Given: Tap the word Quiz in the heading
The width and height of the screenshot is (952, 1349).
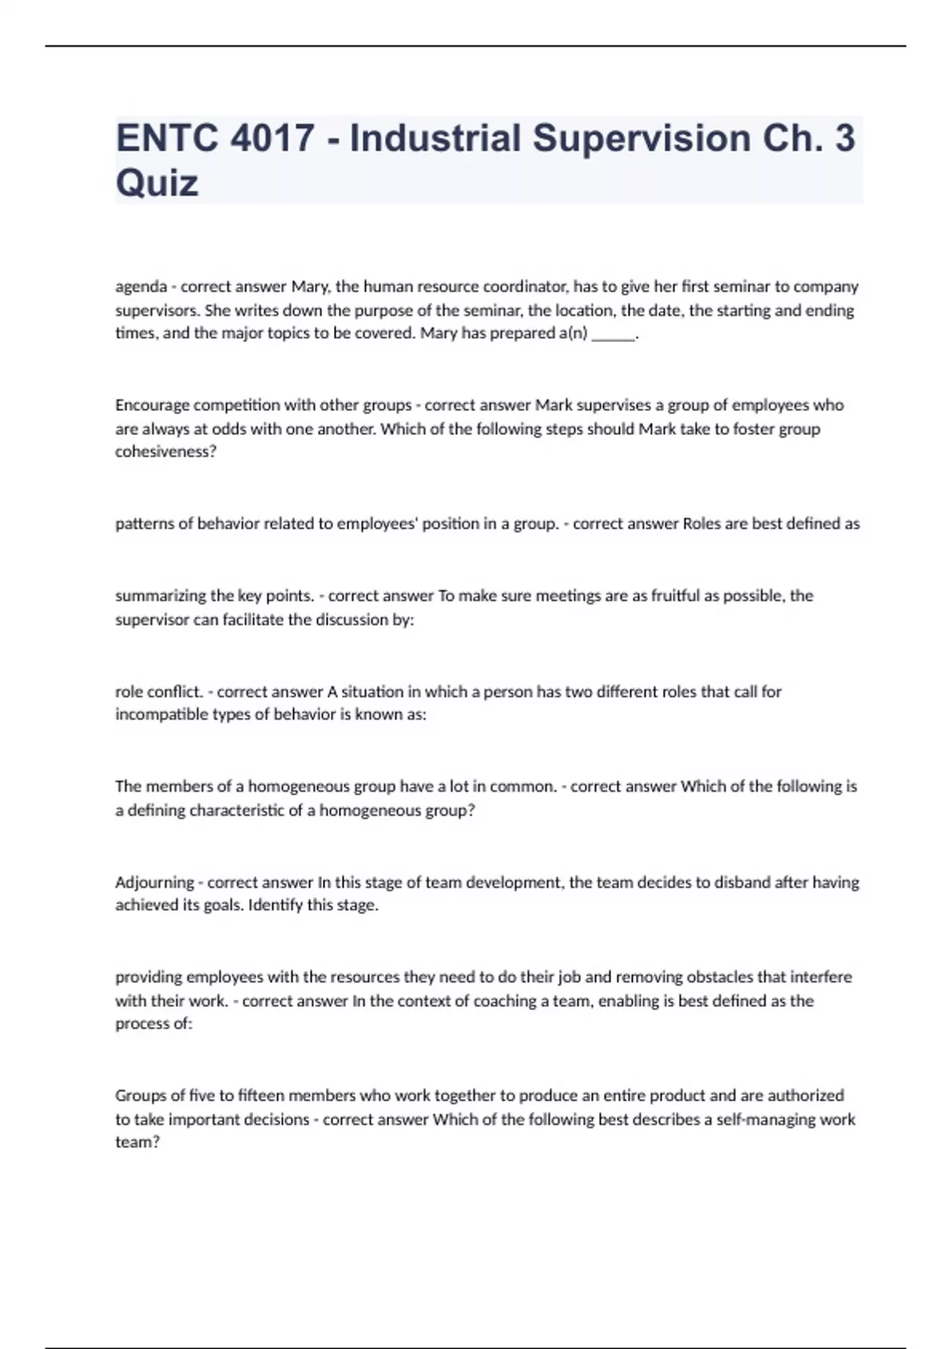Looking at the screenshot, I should click(x=157, y=183).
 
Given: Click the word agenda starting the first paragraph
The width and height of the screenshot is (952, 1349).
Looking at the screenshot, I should click(x=140, y=286).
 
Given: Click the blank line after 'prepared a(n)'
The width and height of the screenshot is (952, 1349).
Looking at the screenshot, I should click(x=613, y=334).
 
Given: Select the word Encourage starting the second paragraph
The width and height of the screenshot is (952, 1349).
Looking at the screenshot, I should click(x=152, y=405).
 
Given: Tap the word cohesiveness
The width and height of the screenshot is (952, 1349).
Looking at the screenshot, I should click(x=165, y=452).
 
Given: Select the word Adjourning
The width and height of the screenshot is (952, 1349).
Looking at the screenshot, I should click(x=154, y=882).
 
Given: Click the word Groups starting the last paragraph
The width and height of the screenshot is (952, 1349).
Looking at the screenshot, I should click(x=140, y=1096).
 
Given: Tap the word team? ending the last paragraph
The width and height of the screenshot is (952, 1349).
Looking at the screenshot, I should click(x=137, y=1143).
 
